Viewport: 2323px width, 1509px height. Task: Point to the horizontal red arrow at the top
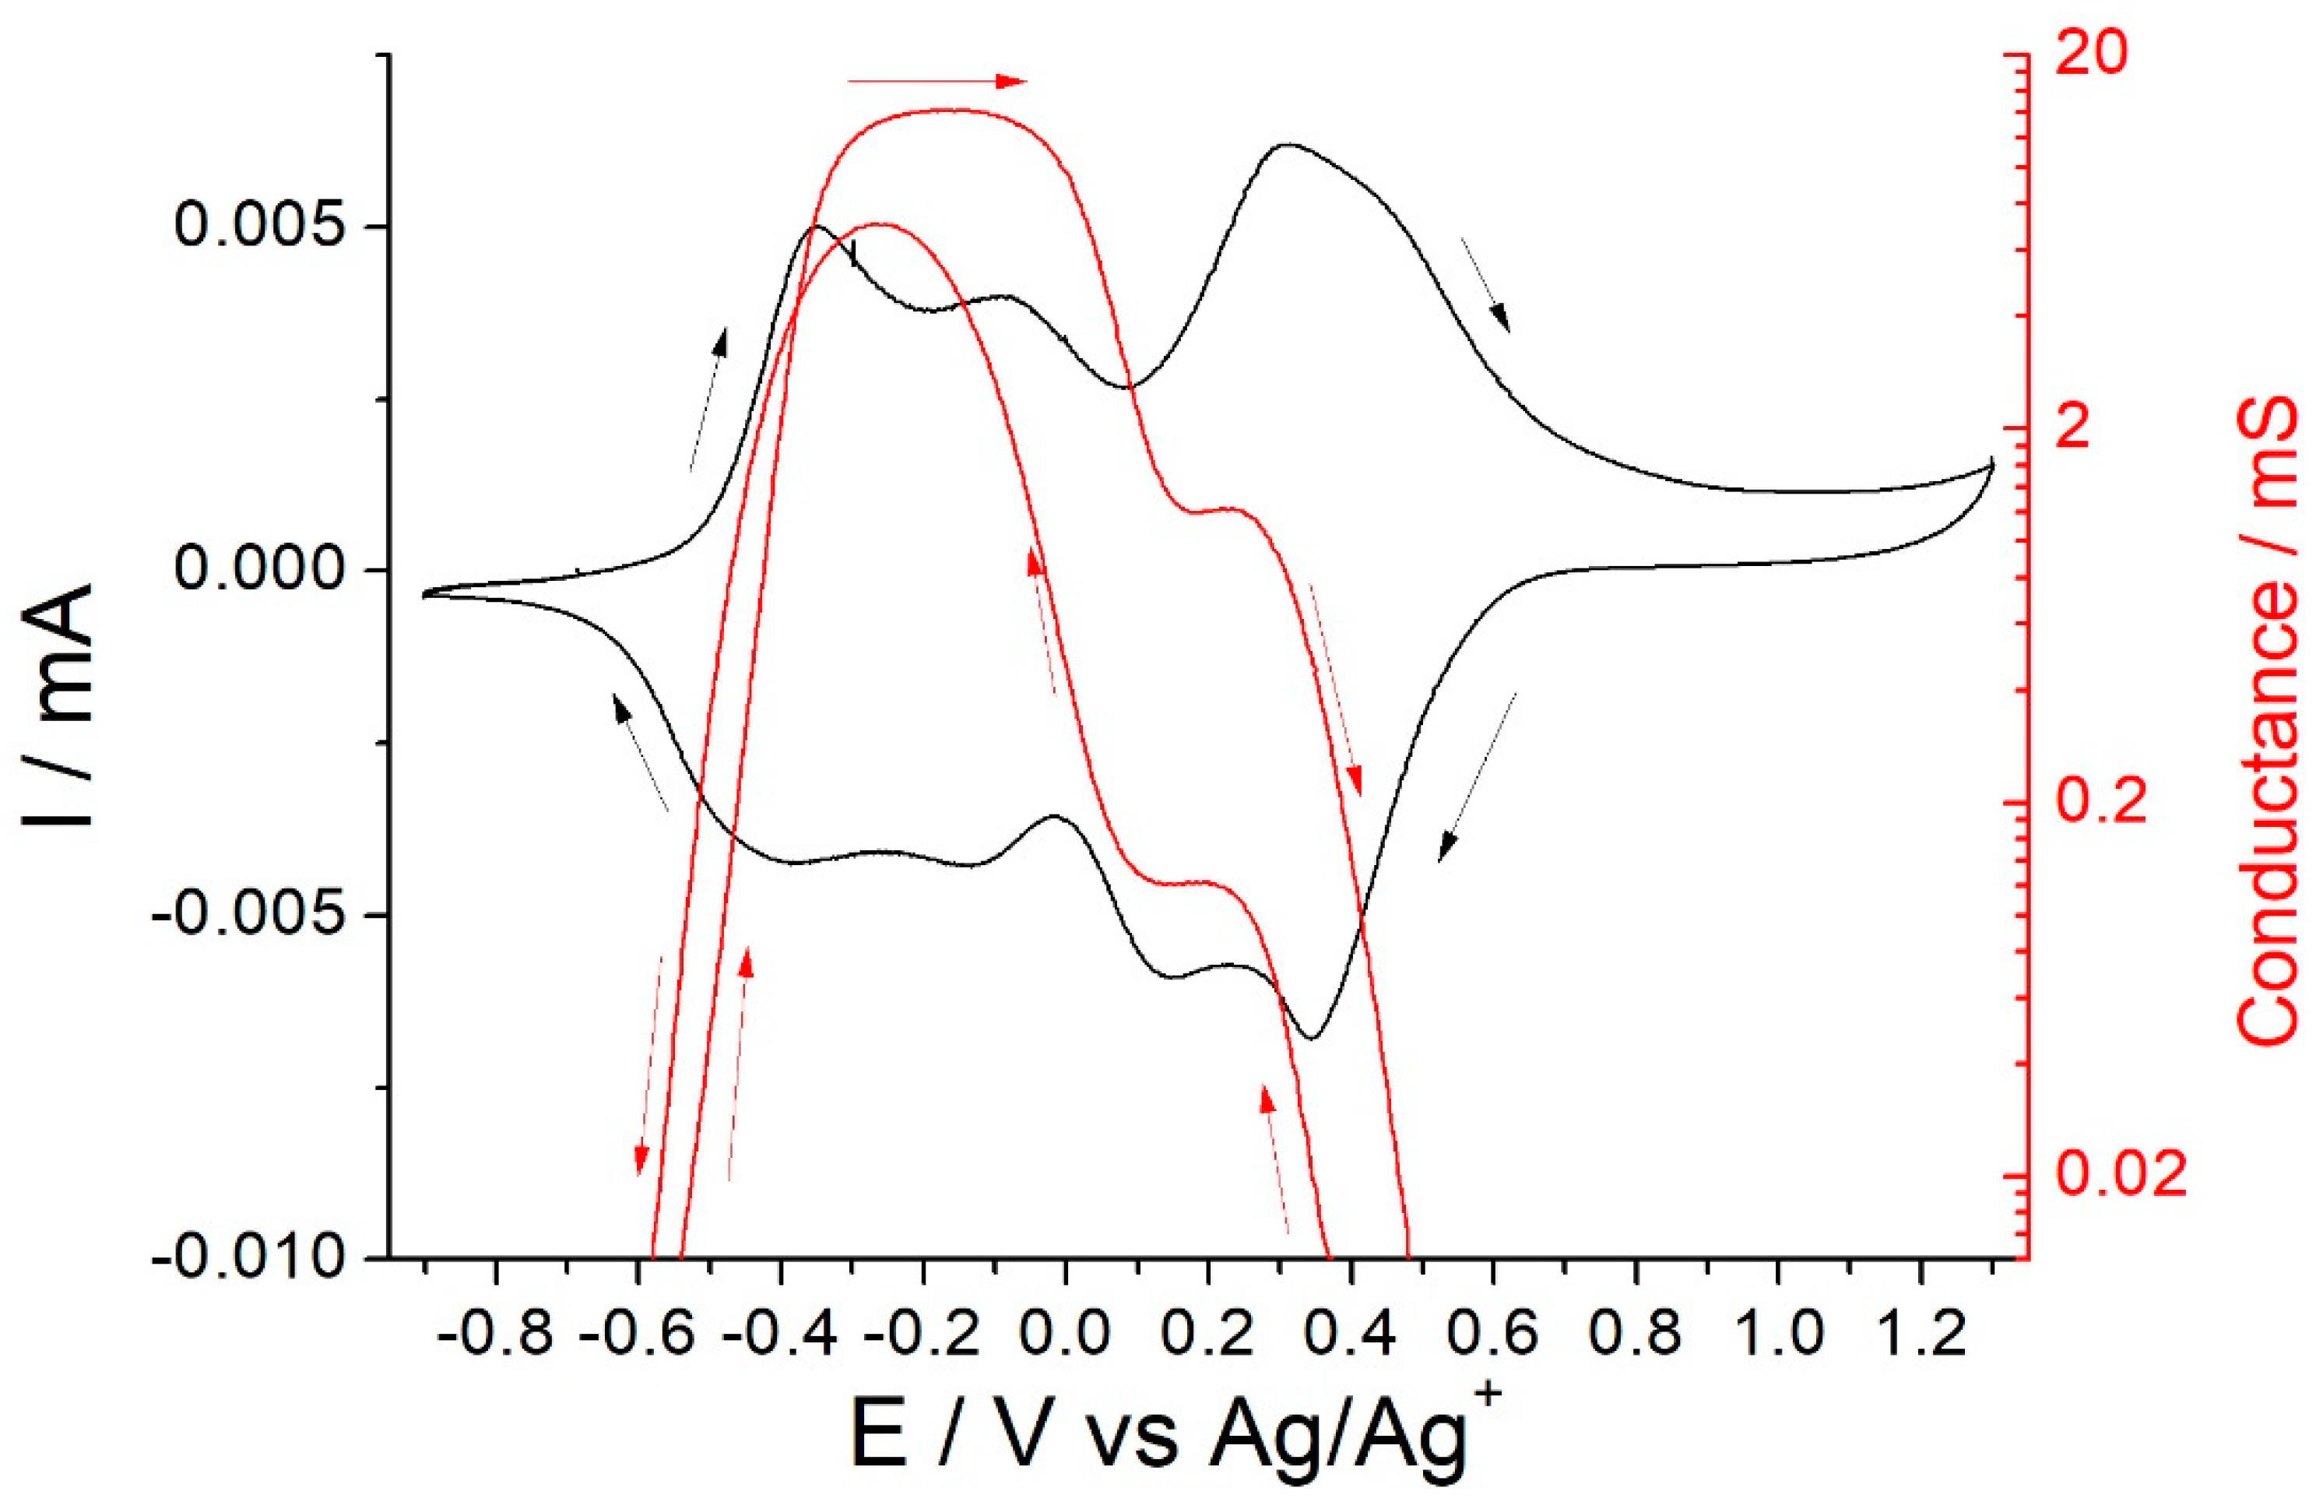pyautogui.click(x=937, y=81)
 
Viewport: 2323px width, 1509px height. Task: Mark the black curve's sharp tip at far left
pyautogui.click(x=423, y=593)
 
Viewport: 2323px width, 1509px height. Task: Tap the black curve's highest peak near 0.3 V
pyautogui.click(x=1288, y=145)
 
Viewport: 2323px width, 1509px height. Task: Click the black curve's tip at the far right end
pyautogui.click(x=1991, y=463)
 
